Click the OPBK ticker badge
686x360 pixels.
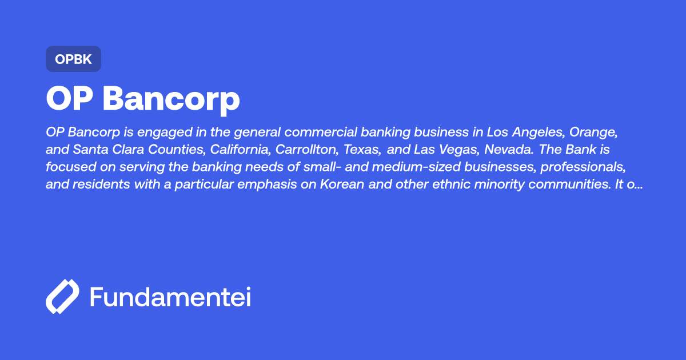point(73,59)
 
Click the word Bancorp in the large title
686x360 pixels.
point(171,99)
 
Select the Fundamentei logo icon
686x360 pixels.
point(62,297)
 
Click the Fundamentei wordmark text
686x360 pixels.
point(170,297)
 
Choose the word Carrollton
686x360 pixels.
point(309,150)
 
